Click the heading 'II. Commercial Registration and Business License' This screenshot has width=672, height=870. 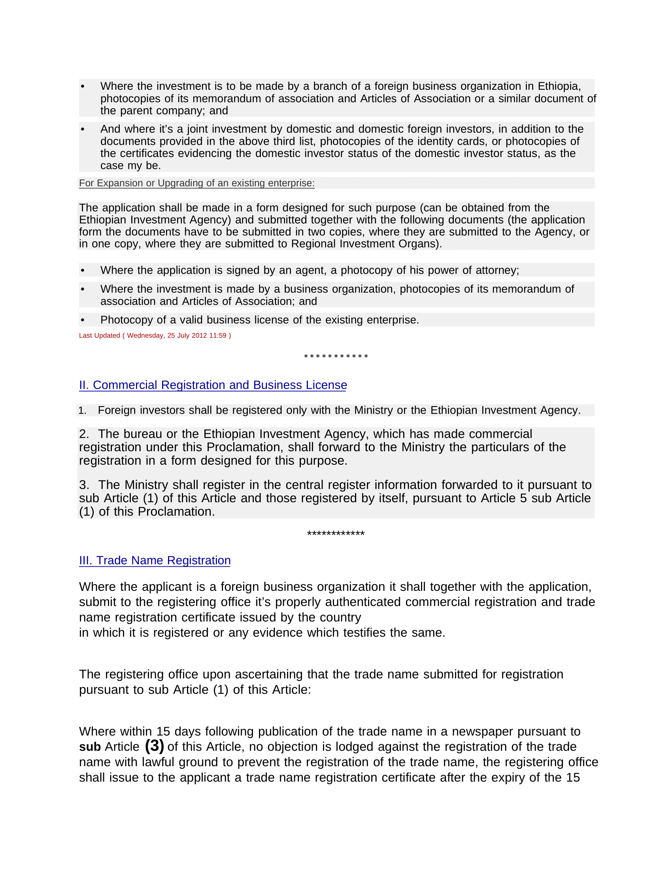pyautogui.click(x=213, y=385)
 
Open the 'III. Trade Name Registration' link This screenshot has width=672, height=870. pyautogui.click(x=155, y=560)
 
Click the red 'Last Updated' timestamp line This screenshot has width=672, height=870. pyautogui.click(x=155, y=335)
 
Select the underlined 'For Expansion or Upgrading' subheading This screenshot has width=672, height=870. pyautogui.click(x=196, y=183)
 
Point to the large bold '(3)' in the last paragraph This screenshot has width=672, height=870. pyautogui.click(x=154, y=746)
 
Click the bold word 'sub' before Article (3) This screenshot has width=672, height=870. pyautogui.click(x=90, y=747)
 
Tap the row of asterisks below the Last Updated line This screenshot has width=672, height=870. pyautogui.click(x=336, y=357)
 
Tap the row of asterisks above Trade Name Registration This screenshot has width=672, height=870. pyautogui.click(x=336, y=534)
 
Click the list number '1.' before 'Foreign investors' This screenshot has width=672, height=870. pyautogui.click(x=82, y=411)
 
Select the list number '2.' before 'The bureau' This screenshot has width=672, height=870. pyautogui.click(x=83, y=434)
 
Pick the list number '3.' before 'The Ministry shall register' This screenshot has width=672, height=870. pyautogui.click(x=83, y=485)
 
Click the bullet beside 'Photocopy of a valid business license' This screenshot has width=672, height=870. pyautogui.click(x=83, y=320)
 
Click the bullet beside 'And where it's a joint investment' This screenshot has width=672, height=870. pyautogui.click(x=83, y=129)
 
